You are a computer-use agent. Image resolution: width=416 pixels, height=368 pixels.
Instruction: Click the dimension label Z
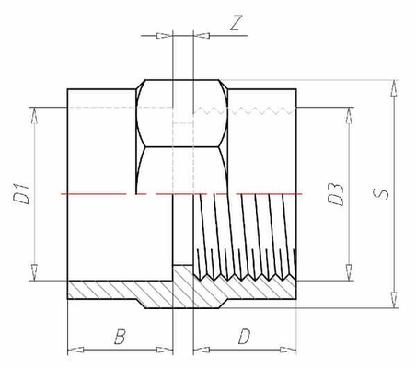coord(236,22)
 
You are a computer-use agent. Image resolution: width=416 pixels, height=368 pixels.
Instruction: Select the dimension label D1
coord(21,193)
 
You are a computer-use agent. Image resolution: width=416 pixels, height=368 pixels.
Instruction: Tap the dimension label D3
coord(335,194)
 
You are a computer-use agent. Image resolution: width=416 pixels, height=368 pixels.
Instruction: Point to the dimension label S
coord(380,194)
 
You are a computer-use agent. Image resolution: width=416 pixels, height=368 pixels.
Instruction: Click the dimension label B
coord(120,336)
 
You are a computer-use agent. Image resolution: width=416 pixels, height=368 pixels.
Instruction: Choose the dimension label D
coord(244,336)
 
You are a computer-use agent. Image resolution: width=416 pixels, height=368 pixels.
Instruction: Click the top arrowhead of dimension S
coord(394,88)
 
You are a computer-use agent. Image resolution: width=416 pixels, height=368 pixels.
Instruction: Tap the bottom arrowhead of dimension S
coord(394,300)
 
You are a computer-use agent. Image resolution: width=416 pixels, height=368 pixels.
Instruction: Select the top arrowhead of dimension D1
coord(34,116)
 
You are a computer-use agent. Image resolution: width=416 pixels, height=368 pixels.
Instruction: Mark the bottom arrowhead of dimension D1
coord(34,272)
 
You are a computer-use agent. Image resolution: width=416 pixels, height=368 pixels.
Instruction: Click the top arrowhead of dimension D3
coord(349,116)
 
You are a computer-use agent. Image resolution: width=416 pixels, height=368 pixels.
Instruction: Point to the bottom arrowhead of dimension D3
coord(349,272)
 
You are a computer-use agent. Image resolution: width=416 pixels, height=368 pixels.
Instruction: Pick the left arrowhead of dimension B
coord(75,350)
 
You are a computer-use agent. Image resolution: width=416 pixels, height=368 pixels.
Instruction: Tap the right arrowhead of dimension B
coord(165,350)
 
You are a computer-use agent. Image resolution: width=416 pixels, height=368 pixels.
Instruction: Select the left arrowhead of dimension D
coord(202,350)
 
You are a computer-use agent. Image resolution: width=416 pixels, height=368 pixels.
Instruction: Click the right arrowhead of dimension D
coord(288,350)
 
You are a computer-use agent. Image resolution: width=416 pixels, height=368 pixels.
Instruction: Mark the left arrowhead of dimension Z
coord(165,36)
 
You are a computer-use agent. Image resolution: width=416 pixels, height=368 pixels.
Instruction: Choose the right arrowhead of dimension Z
coord(202,36)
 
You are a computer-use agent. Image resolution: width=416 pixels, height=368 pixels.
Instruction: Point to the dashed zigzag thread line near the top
coord(245,110)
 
